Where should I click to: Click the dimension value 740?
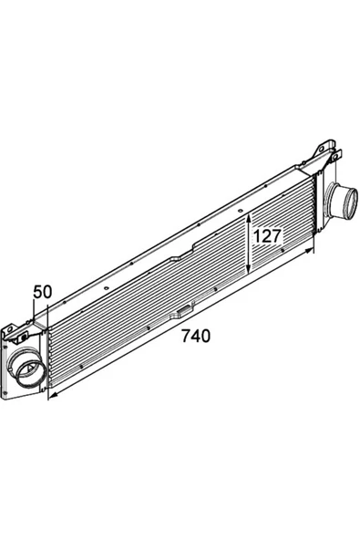tap(195, 336)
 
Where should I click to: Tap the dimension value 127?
tap(267, 236)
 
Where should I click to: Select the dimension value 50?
tap(42, 292)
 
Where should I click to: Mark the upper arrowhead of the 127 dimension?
tap(249, 217)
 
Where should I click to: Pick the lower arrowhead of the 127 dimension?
tap(249, 270)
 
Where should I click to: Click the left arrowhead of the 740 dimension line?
tap(52, 396)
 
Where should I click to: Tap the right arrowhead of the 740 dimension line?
tap(310, 250)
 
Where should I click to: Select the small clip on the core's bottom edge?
tap(184, 311)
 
